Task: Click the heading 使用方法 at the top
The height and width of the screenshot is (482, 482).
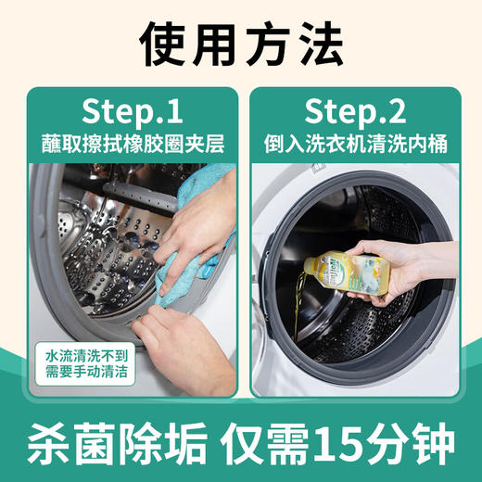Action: (241, 42)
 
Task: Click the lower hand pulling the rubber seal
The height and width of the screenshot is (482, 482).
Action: (185, 334)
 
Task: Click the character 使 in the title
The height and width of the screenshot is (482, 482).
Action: (161, 42)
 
